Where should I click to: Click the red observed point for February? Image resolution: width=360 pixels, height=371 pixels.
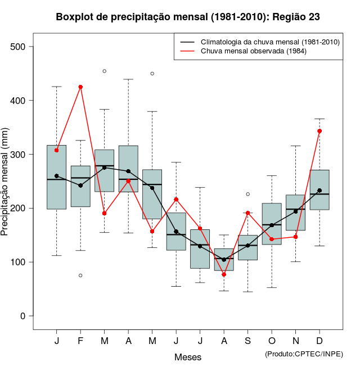pos(80,87)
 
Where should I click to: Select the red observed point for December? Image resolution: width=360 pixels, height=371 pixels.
pos(319,131)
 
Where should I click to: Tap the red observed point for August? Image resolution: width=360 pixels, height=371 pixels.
pos(224,274)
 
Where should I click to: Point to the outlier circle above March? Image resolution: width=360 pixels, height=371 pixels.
pos(105,71)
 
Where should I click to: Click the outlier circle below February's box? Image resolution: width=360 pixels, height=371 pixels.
pos(80,275)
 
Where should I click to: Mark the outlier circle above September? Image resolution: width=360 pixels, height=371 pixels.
pos(247,194)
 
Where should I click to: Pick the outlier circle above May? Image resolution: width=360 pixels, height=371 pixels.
pos(152,74)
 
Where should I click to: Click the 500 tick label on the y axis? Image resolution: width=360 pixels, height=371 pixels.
pos(19,47)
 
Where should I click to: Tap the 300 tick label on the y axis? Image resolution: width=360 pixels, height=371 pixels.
pos(19,154)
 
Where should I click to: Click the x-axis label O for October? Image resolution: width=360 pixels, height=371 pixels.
pos(272,341)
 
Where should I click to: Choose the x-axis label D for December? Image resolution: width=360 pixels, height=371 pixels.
pos(319,341)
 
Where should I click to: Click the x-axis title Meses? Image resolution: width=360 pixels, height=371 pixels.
pos(188,357)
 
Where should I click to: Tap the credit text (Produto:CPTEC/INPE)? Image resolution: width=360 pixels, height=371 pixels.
pos(304,354)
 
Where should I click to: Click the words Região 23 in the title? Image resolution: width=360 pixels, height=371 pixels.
pos(296,17)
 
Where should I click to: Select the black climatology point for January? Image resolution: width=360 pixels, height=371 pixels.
pos(57,176)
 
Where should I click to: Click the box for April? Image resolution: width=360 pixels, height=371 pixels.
pos(128,169)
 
